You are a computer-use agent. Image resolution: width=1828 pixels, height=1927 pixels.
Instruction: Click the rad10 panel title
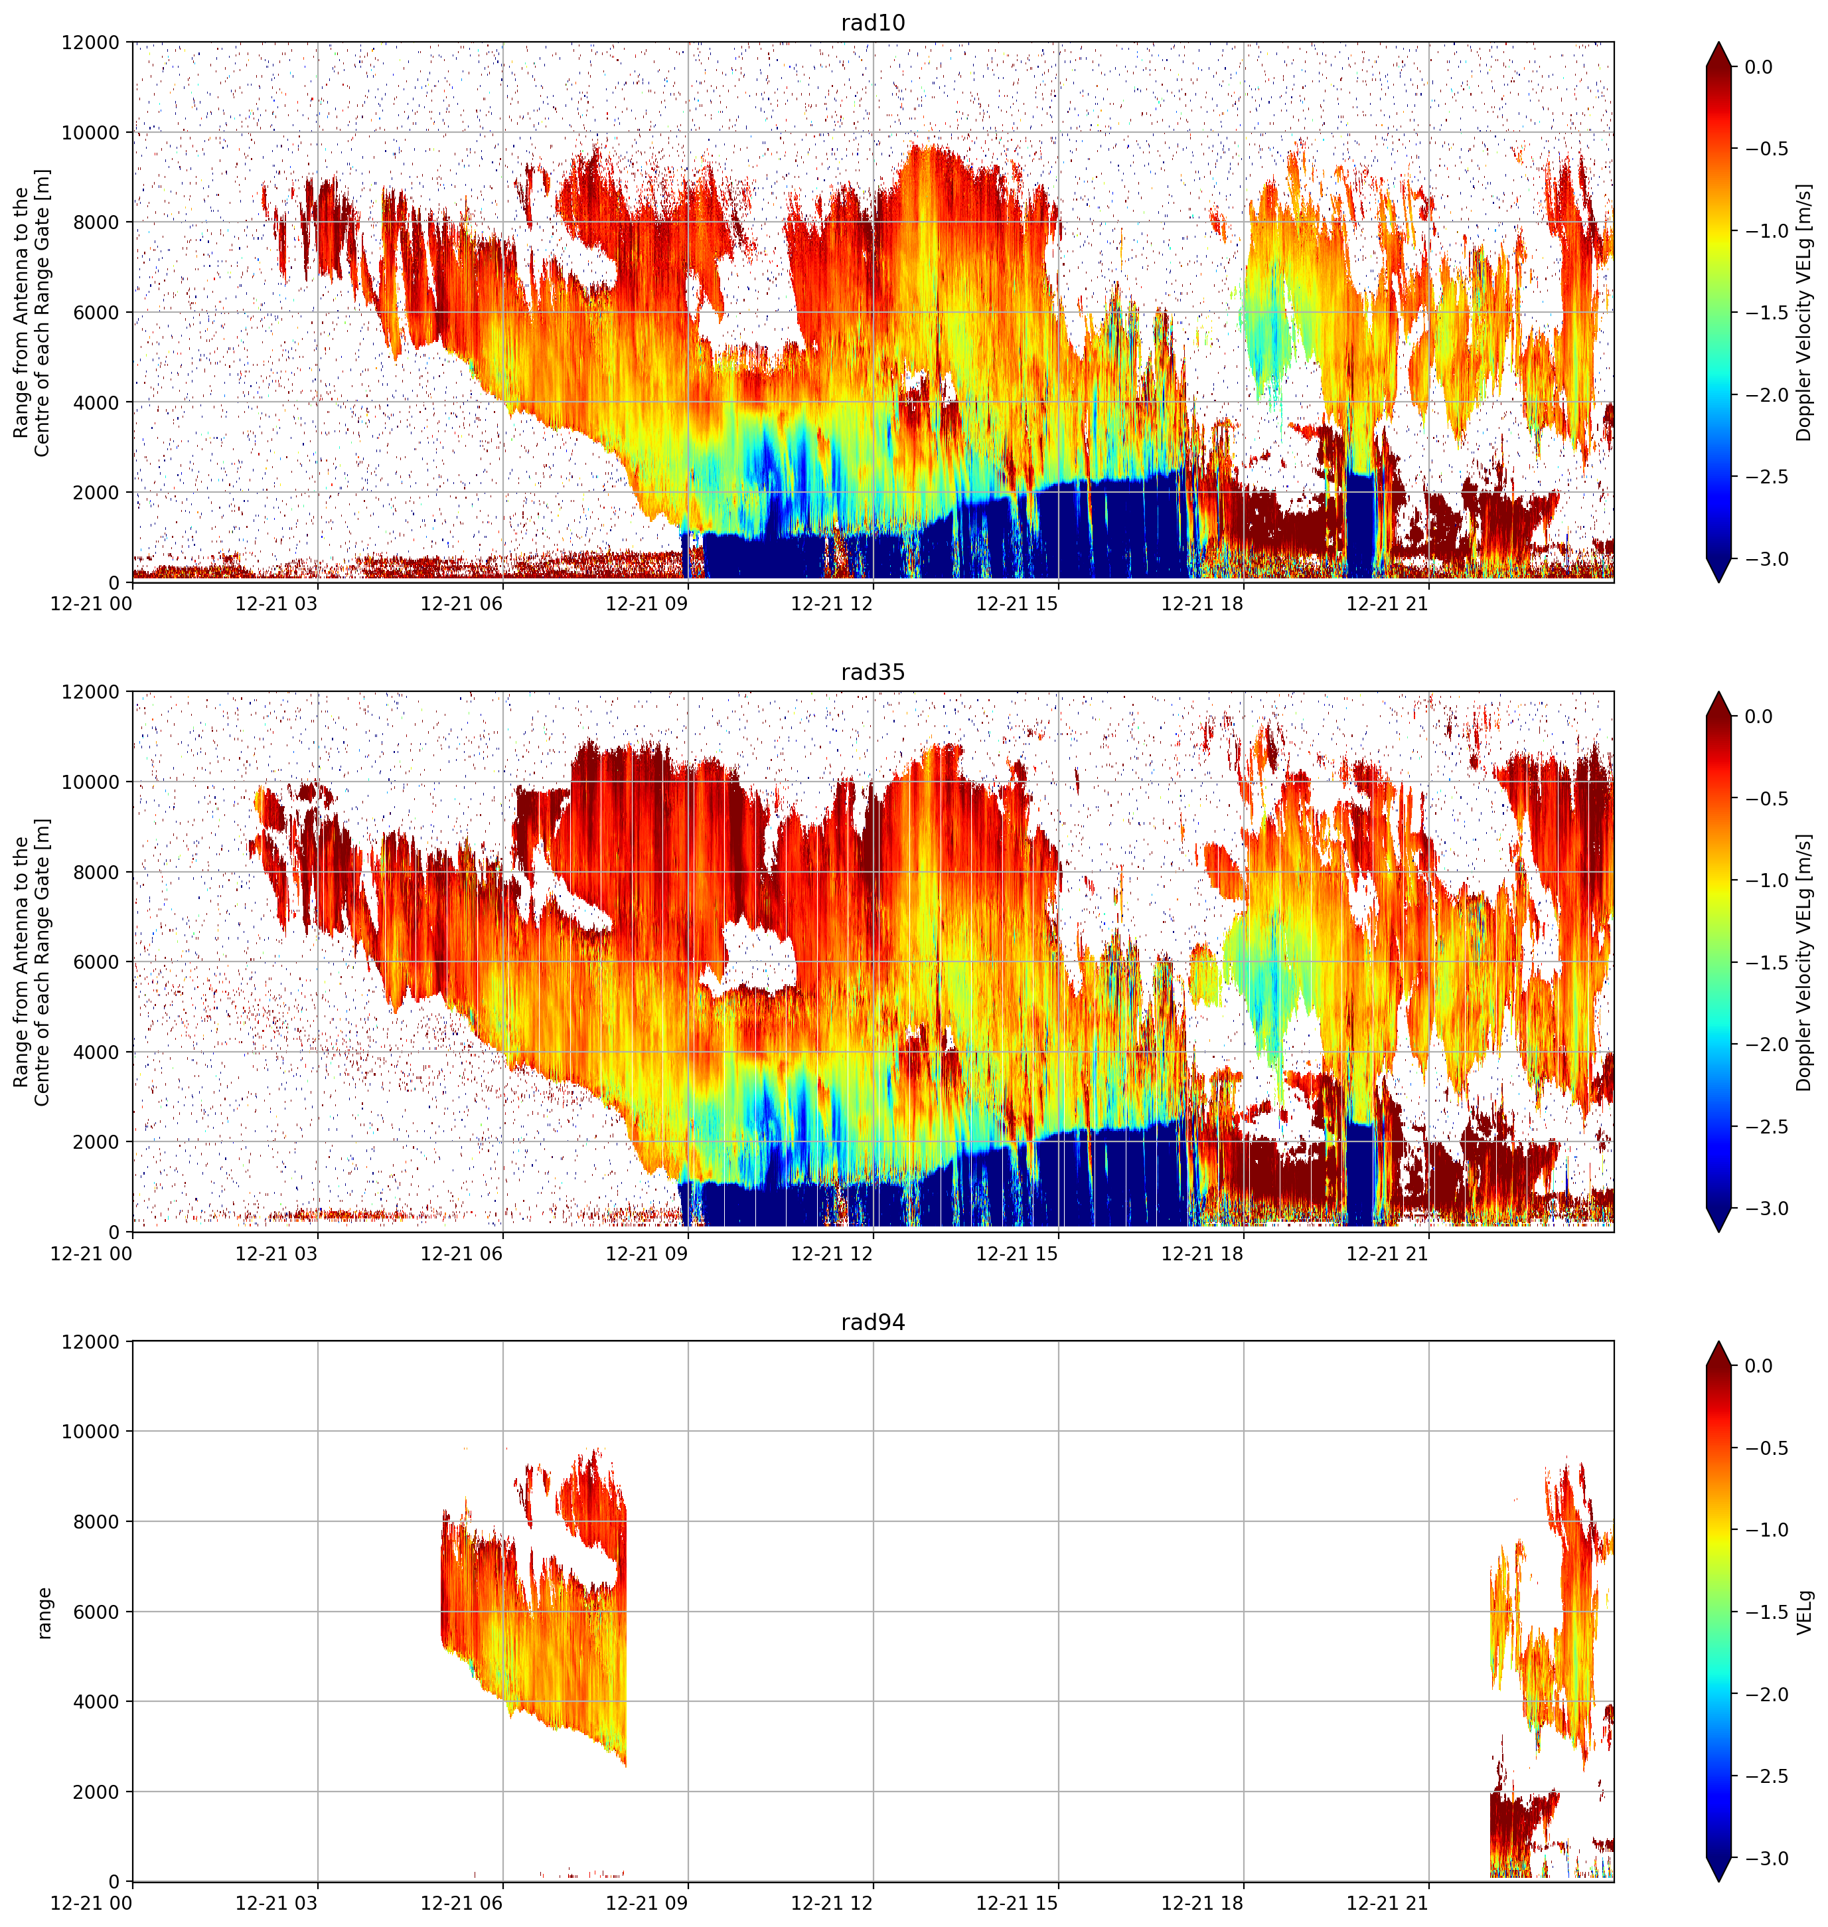[x=872, y=23]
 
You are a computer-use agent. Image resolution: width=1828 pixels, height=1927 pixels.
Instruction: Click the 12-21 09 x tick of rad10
[x=647, y=604]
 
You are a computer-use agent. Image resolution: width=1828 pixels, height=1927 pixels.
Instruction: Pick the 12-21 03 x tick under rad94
[x=277, y=1902]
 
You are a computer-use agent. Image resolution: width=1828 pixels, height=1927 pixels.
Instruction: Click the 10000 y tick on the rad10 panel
[x=92, y=133]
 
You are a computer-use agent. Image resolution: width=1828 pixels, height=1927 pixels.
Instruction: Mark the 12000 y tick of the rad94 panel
[x=92, y=1341]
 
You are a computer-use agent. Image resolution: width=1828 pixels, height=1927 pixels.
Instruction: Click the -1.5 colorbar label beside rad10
[x=1766, y=312]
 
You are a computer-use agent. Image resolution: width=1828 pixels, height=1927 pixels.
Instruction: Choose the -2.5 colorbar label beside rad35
[x=1766, y=1126]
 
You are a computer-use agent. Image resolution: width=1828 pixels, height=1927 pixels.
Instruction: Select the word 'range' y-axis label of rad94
[x=44, y=1612]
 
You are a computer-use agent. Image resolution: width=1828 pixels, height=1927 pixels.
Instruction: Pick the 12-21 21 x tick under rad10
[x=1387, y=604]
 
